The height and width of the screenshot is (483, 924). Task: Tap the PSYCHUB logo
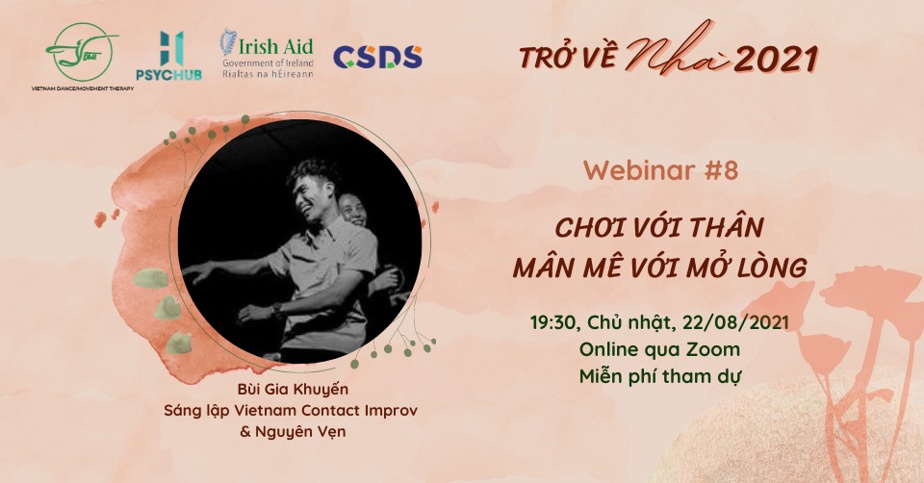(169, 56)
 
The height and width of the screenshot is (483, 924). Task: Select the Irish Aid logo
(268, 54)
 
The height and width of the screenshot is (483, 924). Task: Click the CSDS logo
(377, 57)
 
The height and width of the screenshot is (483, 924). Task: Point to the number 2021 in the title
(776, 59)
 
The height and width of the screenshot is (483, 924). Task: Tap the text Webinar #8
(660, 171)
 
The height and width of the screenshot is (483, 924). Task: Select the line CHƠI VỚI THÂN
(659, 227)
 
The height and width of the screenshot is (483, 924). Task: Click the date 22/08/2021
(735, 322)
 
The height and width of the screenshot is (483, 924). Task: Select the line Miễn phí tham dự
(659, 376)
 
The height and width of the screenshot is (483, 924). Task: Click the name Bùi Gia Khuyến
(293, 390)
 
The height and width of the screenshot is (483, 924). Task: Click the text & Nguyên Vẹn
(293, 431)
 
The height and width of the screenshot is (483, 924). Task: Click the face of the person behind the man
(353, 211)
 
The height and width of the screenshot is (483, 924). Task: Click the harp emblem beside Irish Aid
(229, 42)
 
